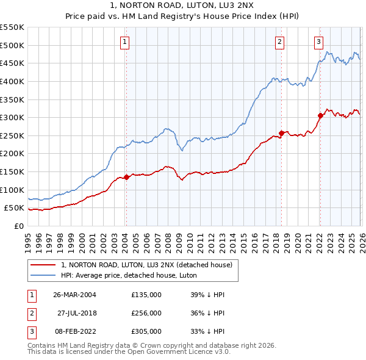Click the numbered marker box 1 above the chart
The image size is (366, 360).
pos(124,42)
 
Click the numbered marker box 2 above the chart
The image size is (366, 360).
pos(279,42)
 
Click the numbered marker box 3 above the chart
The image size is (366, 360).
pos(318,42)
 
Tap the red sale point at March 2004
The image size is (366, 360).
pos(126,178)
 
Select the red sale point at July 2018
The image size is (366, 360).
pos(281,133)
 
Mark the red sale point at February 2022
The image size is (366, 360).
pos(320,115)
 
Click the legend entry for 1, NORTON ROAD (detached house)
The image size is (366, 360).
pos(146,265)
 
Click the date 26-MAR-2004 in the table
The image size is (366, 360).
pos(74,295)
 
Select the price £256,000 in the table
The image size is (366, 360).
pos(146,313)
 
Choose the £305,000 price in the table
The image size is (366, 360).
pos(146,331)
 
